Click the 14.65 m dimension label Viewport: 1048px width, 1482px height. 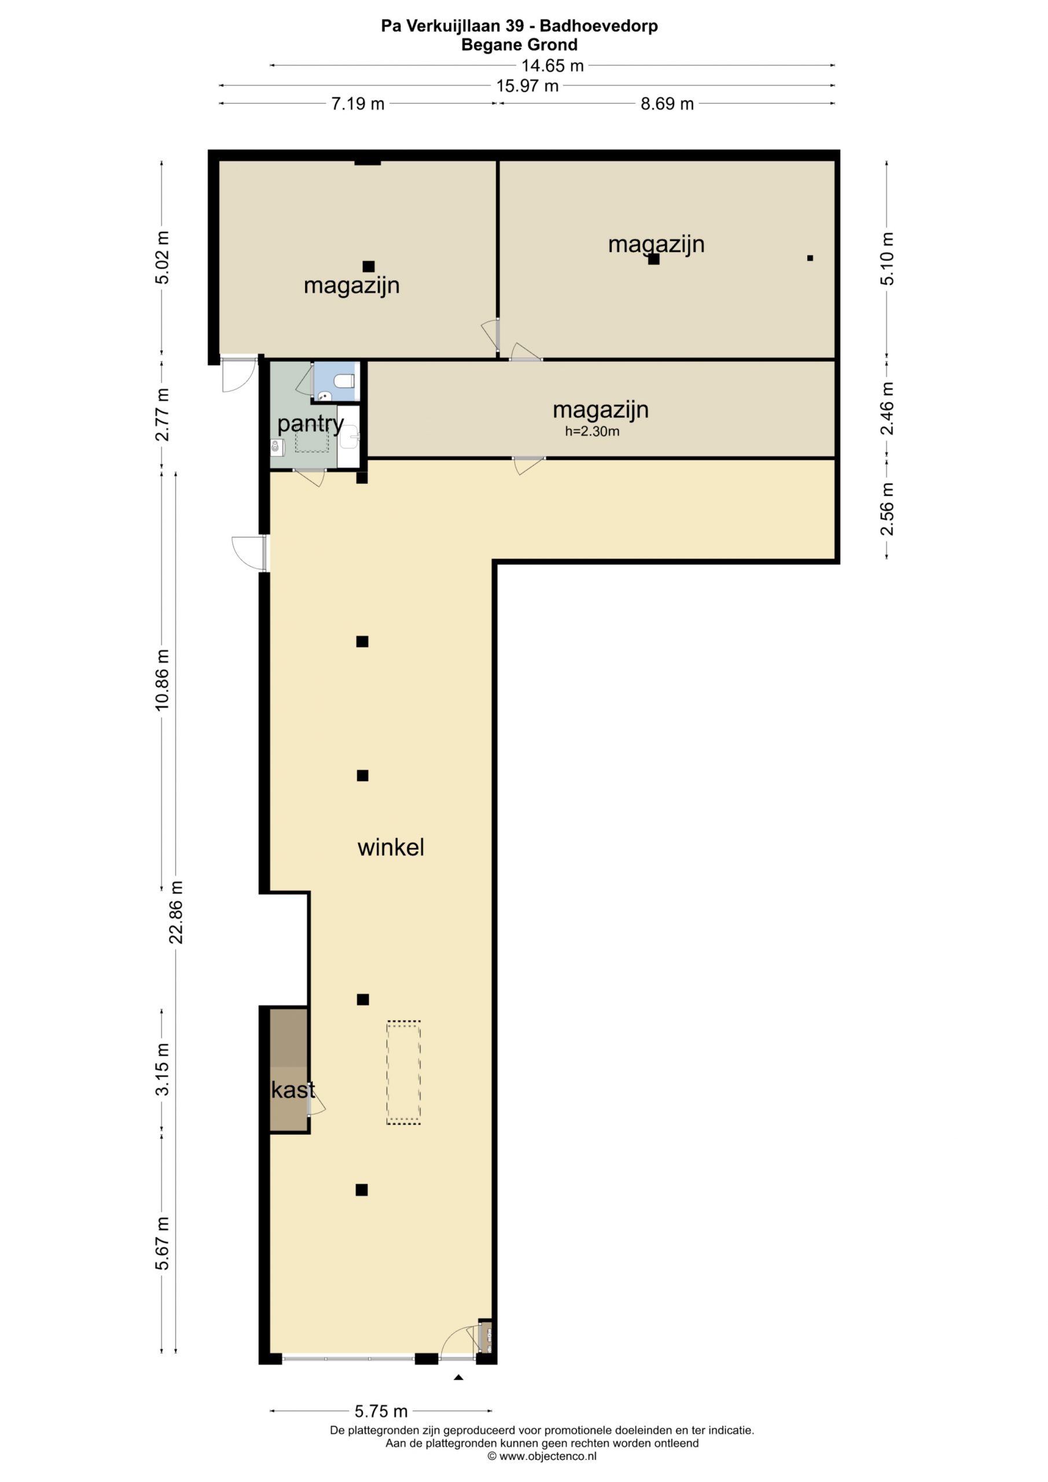coord(553,65)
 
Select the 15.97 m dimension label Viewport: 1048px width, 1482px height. coord(527,85)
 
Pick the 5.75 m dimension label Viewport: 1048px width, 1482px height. coord(381,1411)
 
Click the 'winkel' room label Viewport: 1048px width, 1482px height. coord(391,848)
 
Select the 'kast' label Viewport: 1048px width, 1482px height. coord(293,1090)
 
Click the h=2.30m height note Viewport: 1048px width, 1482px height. coord(592,431)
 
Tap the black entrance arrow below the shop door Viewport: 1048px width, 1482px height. coord(458,1377)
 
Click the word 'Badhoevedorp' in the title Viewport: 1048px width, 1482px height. coord(599,26)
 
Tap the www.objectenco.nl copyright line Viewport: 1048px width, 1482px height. coord(542,1456)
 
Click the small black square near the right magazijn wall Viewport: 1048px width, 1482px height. coord(810,258)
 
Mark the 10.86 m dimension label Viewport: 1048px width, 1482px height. coord(161,680)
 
